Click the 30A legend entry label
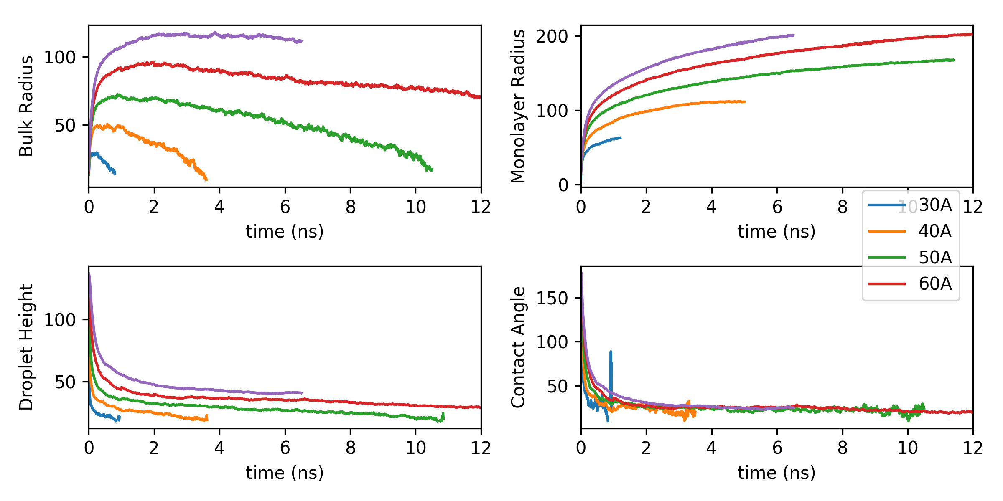pyautogui.click(x=935, y=205)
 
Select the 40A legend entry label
pyautogui.click(x=935, y=231)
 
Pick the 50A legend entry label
pyautogui.click(x=935, y=258)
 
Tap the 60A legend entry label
pyautogui.click(x=935, y=284)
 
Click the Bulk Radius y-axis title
pyautogui.click(x=26, y=106)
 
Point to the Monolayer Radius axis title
pyautogui.click(x=518, y=106)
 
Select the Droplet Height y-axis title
pyautogui.click(x=26, y=347)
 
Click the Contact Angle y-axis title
pyautogui.click(x=518, y=347)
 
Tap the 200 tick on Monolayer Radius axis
pyautogui.click(x=552, y=37)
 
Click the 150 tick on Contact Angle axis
pyautogui.click(x=552, y=298)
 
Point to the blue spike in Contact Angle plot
pyautogui.click(x=611, y=353)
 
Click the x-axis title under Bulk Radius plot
pyautogui.click(x=285, y=231)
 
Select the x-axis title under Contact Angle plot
pyautogui.click(x=776, y=473)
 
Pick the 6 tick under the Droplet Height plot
pyautogui.click(x=285, y=448)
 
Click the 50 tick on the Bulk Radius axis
pyautogui.click(x=65, y=125)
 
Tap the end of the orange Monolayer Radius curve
pyautogui.click(x=744, y=101)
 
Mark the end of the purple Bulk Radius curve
pyautogui.click(x=301, y=41)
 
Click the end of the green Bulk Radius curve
pyautogui.click(x=432, y=170)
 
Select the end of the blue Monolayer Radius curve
pyautogui.click(x=620, y=137)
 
